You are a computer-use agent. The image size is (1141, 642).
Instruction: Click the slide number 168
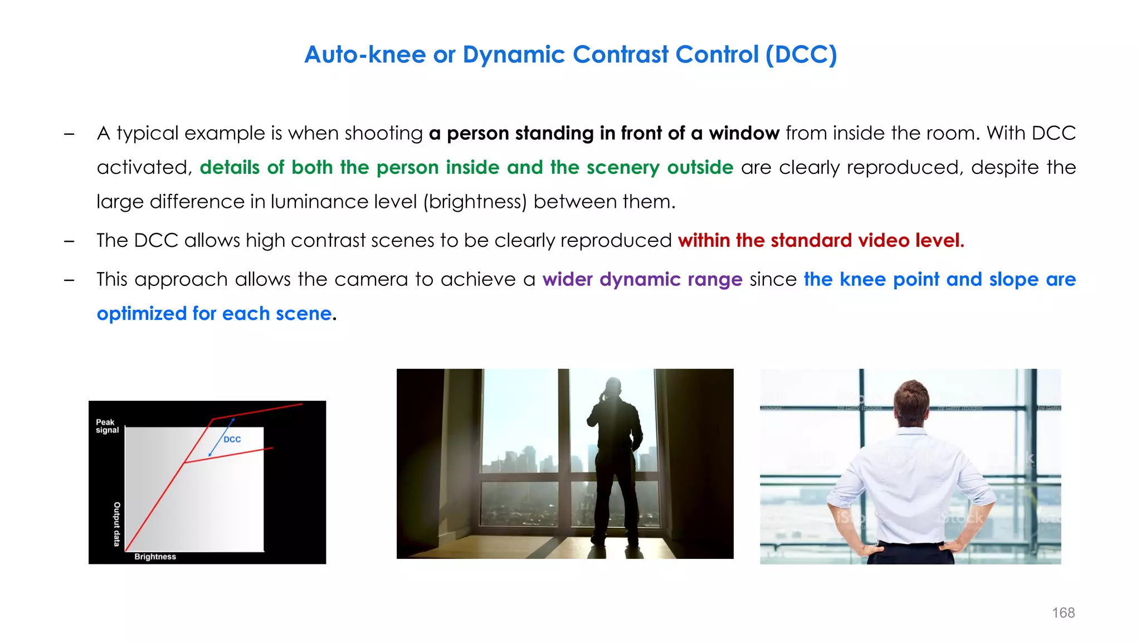pos(1063,612)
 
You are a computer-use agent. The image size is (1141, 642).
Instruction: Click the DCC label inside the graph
pos(232,439)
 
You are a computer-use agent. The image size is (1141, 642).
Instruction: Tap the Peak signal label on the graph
pos(106,426)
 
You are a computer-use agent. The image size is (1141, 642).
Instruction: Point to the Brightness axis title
pos(155,557)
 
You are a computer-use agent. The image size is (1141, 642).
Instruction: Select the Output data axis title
pos(117,524)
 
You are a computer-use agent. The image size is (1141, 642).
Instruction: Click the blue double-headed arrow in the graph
pos(221,437)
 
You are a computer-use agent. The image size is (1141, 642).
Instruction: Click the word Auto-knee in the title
pos(365,55)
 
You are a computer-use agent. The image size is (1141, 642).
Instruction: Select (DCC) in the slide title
pos(801,55)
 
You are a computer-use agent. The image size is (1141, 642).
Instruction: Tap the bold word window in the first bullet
pos(744,133)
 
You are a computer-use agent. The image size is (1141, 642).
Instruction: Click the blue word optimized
pos(141,314)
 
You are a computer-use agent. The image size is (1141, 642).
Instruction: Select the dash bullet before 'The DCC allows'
pos(69,241)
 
